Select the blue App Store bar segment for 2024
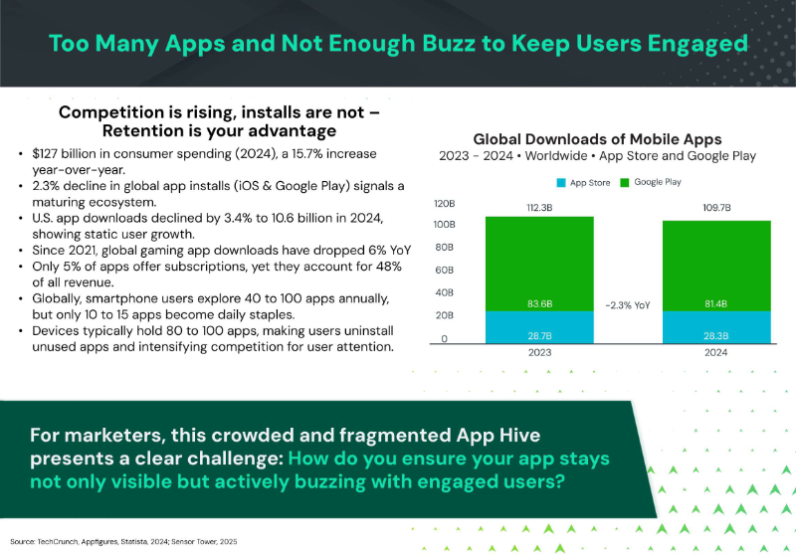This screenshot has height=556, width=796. [x=715, y=326]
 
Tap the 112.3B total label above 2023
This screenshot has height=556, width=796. [x=539, y=206]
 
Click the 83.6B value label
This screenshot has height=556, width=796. [x=539, y=302]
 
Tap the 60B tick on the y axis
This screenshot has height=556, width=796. [x=444, y=271]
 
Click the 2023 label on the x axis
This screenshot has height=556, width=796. [x=539, y=351]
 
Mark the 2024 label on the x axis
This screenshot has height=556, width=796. [x=715, y=351]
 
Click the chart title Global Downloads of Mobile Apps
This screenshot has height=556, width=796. [x=597, y=139]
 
